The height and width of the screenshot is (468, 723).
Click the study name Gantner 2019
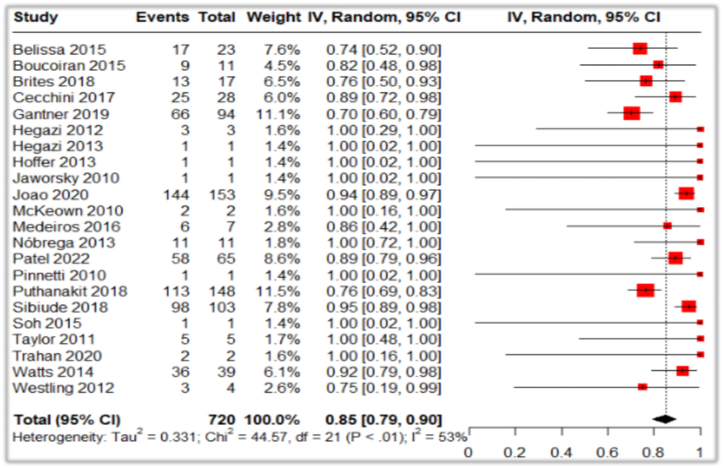pyautogui.click(x=61, y=114)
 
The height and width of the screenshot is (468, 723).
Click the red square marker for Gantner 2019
pyautogui.click(x=631, y=114)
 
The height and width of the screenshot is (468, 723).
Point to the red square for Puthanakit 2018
pyautogui.click(x=646, y=291)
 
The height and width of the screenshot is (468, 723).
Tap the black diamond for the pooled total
pyautogui.click(x=664, y=419)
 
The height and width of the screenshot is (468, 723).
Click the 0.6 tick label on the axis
pyautogui.click(x=607, y=453)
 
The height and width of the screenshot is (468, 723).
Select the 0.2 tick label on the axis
pyautogui.click(x=515, y=453)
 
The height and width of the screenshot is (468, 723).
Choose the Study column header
pyautogui.click(x=36, y=18)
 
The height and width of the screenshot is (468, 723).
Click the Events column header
pyautogui.click(x=163, y=18)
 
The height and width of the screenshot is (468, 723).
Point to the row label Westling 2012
pyautogui.click(x=64, y=388)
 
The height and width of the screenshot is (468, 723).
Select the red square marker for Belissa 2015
pyautogui.click(x=640, y=49)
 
